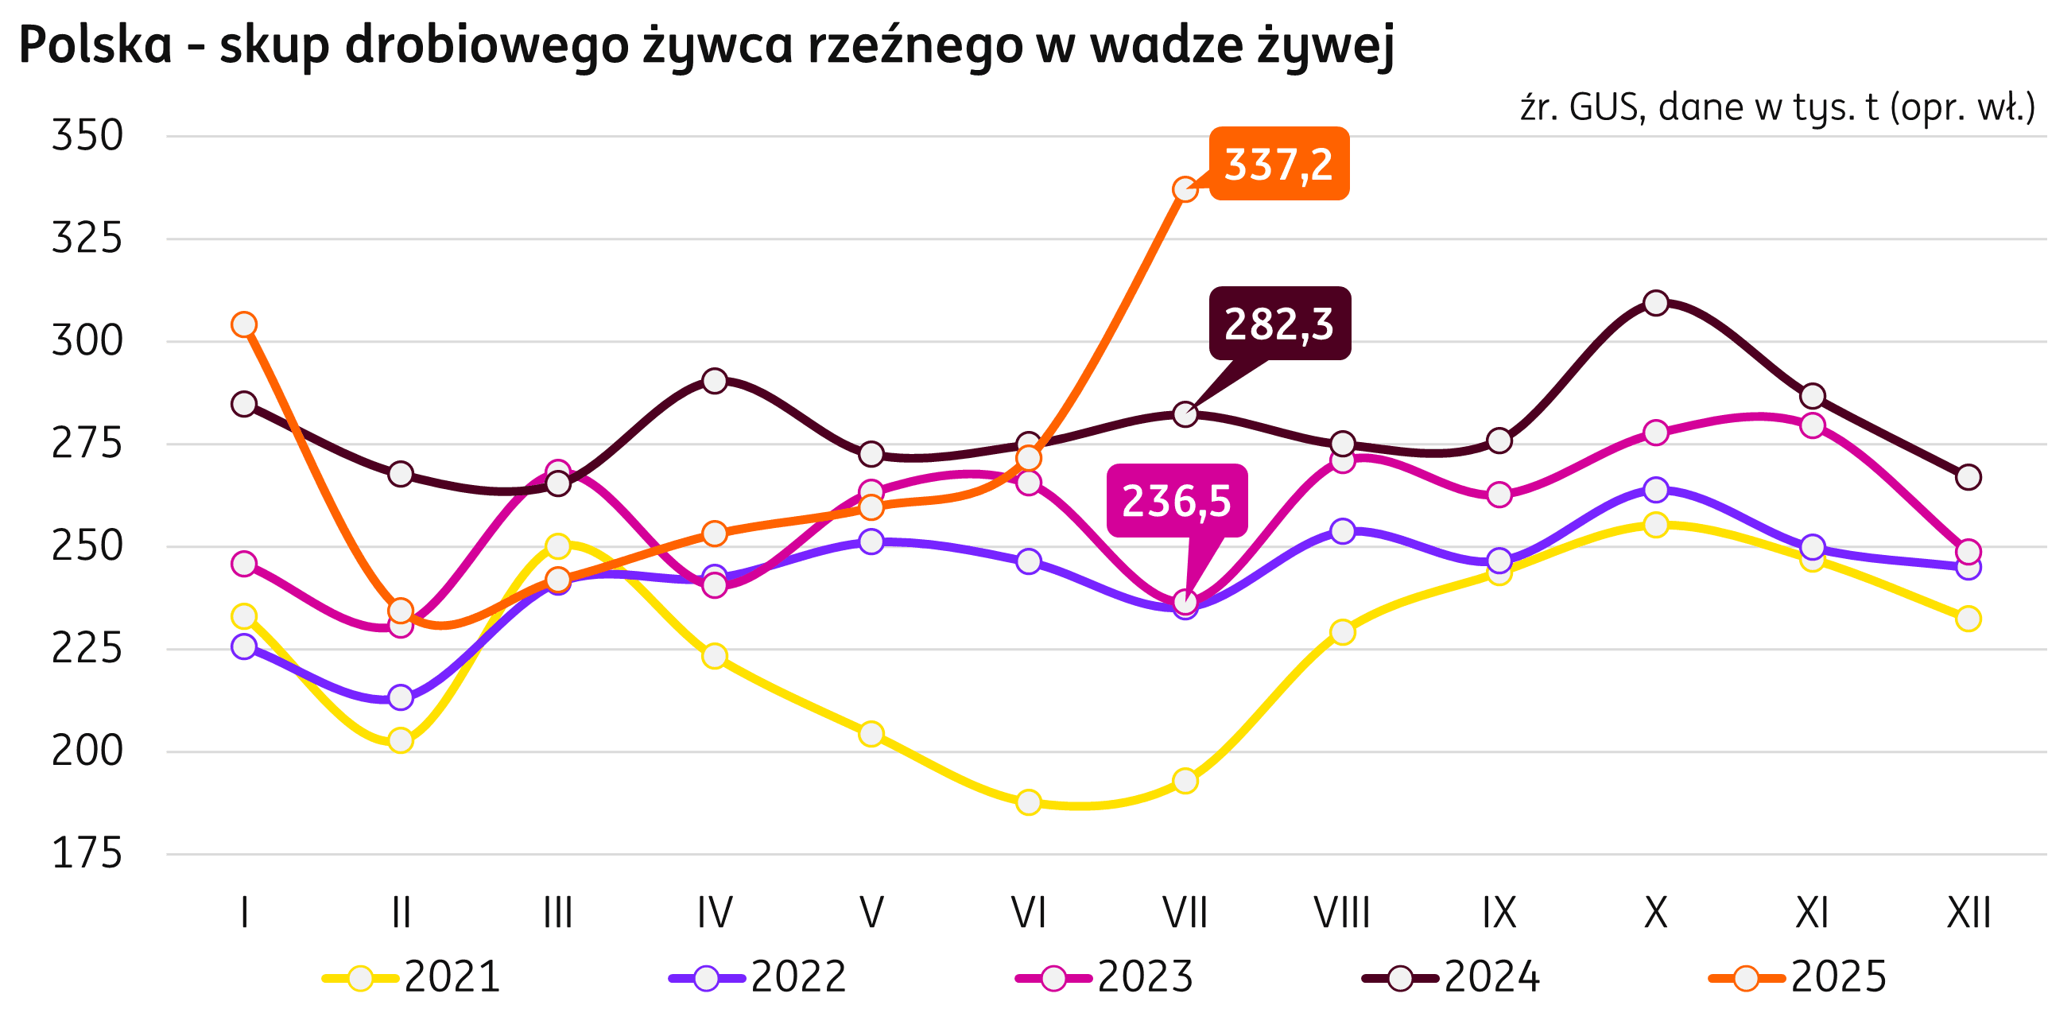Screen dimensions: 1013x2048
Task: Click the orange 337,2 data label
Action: (x=1278, y=164)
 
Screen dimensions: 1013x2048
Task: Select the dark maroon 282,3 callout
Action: (x=1279, y=324)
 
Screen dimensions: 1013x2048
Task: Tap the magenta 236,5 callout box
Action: (x=1176, y=501)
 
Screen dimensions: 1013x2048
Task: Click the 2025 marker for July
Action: (x=1185, y=189)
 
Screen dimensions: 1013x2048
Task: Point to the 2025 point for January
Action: (x=244, y=324)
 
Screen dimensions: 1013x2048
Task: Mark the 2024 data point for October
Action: (x=1655, y=303)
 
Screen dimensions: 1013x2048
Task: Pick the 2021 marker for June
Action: (x=1028, y=802)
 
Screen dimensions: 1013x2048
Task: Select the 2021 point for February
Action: (x=401, y=740)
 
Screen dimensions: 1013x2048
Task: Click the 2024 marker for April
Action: (x=715, y=381)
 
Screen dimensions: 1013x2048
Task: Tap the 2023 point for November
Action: (x=1812, y=425)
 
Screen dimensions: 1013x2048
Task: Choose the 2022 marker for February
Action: (x=401, y=697)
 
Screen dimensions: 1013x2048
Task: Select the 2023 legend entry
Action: (x=1105, y=977)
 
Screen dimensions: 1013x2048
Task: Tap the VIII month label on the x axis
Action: (x=1342, y=913)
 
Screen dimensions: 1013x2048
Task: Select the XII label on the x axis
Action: (x=1968, y=913)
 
